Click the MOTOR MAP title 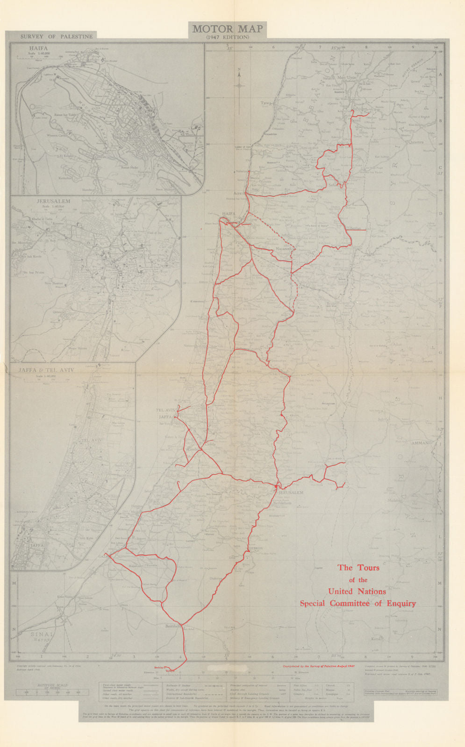(228, 29)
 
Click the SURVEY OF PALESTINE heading (57, 36)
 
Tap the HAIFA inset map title (38, 48)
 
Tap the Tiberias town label (356, 228)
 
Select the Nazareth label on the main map (284, 250)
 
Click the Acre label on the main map (239, 192)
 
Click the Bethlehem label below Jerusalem (282, 503)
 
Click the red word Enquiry (400, 603)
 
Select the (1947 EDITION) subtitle (228, 37)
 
